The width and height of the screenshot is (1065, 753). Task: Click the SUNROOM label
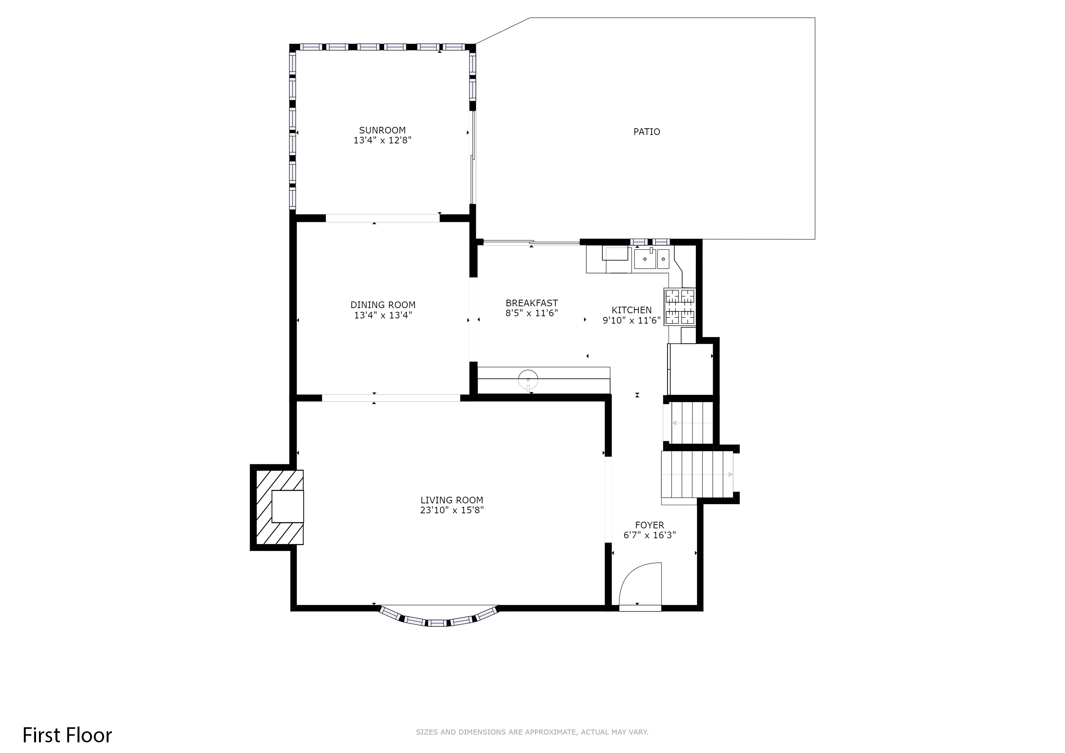pyautogui.click(x=382, y=130)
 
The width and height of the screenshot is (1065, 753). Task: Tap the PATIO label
pyautogui.click(x=646, y=132)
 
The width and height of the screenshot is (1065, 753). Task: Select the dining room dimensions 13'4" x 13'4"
pyautogui.click(x=383, y=315)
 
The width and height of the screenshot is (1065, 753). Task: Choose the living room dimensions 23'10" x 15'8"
pyautogui.click(x=452, y=510)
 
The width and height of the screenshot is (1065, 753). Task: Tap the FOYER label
pyautogui.click(x=649, y=525)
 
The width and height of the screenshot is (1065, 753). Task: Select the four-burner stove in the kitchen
pyautogui.click(x=680, y=307)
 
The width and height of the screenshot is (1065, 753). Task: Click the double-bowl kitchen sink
pyautogui.click(x=652, y=259)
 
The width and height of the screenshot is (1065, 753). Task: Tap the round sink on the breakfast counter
pyautogui.click(x=528, y=380)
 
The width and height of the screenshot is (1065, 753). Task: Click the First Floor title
pyautogui.click(x=67, y=735)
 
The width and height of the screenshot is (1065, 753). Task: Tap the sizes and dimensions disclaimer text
pyautogui.click(x=532, y=732)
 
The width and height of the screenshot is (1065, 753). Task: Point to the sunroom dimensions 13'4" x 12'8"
pyautogui.click(x=382, y=140)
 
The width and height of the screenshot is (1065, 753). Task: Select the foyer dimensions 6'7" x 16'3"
pyautogui.click(x=649, y=535)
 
